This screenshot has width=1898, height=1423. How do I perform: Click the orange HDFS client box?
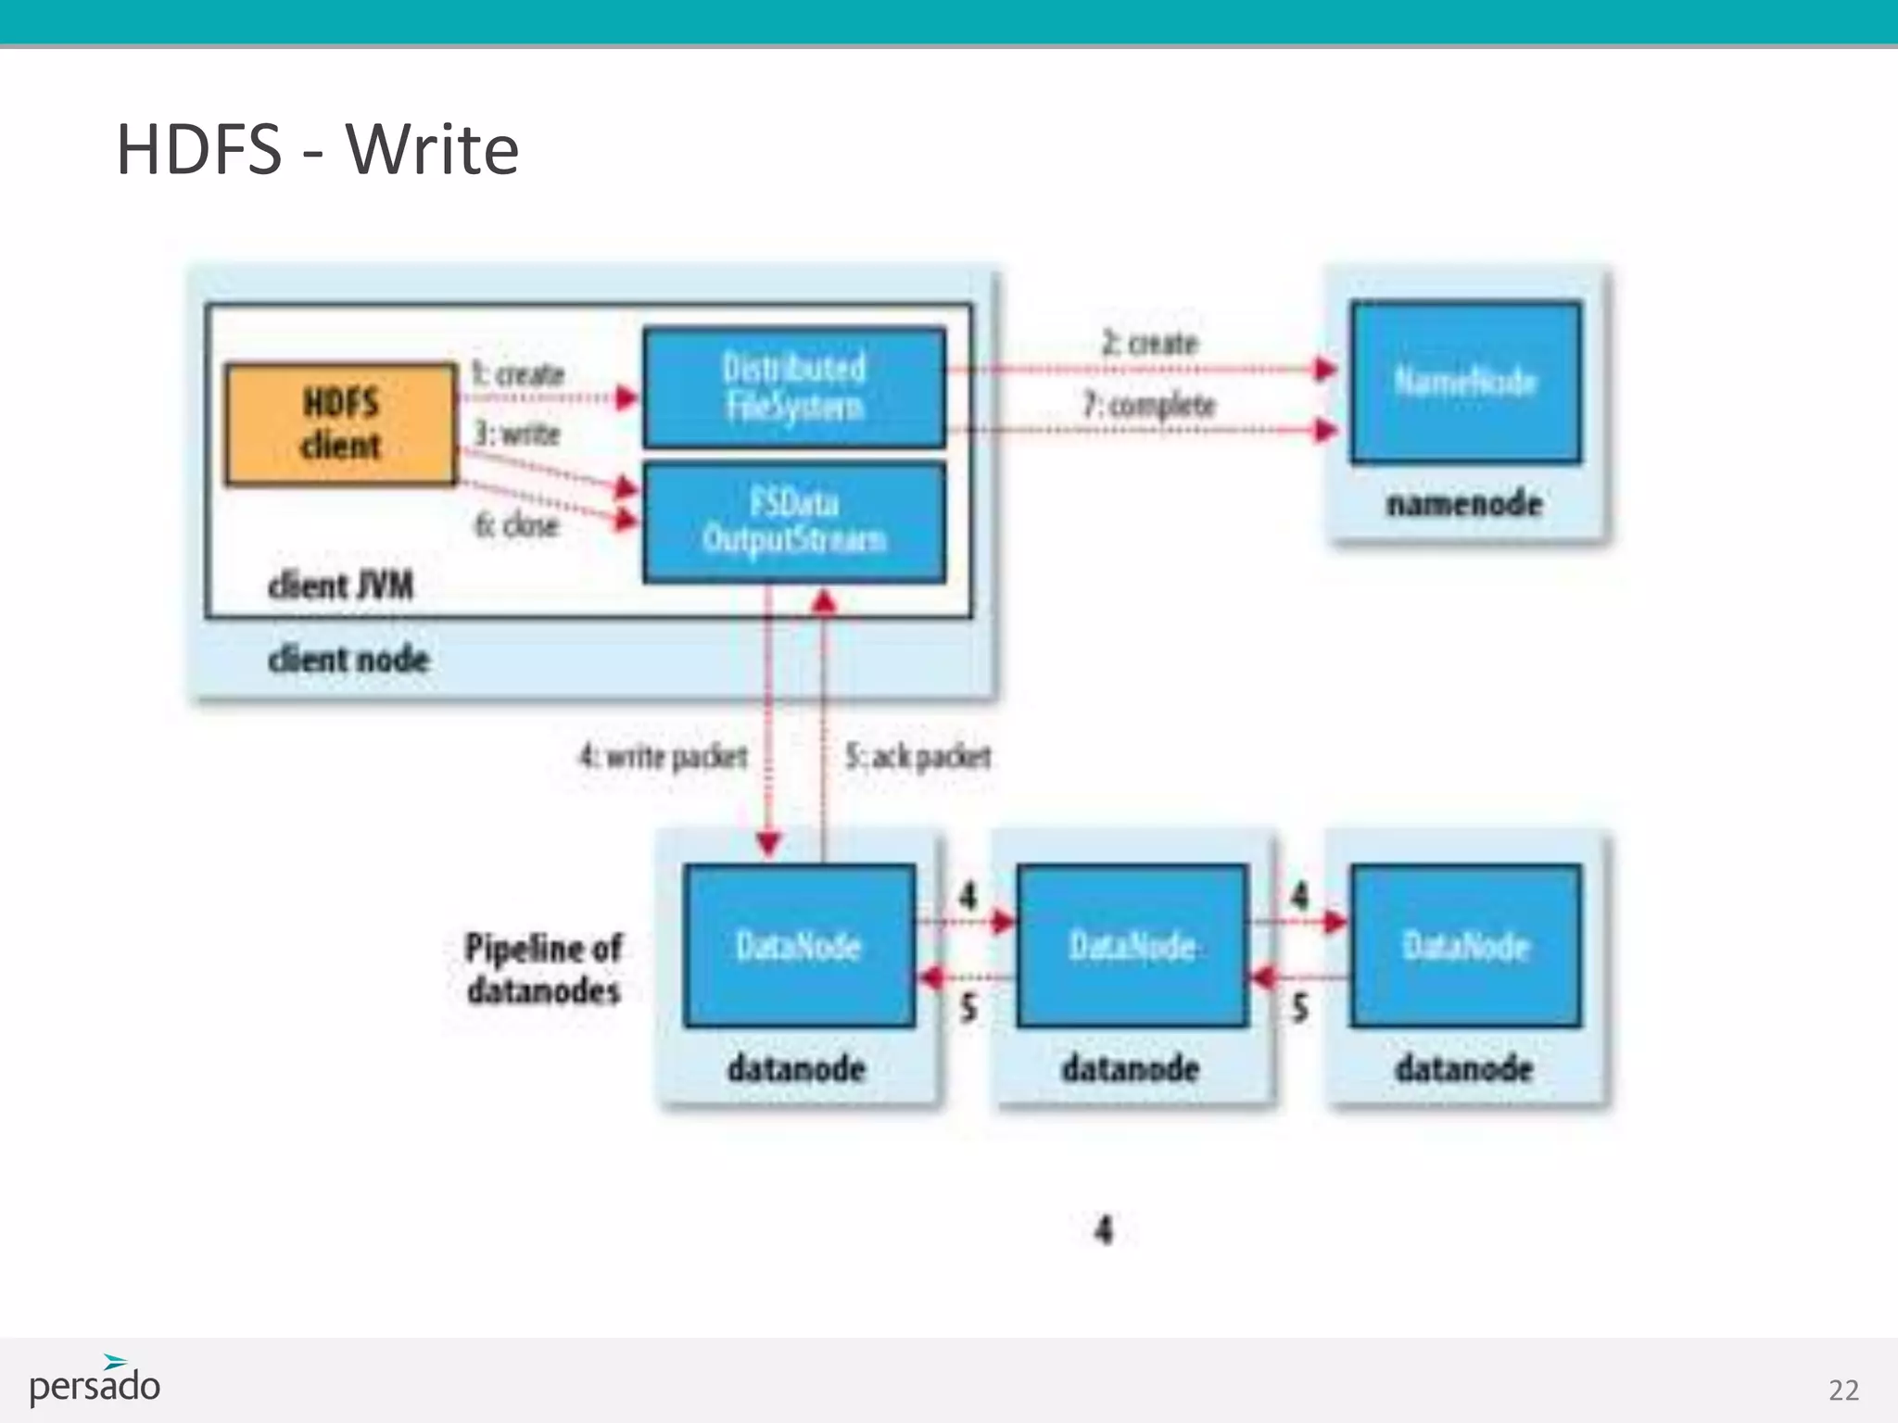(x=340, y=424)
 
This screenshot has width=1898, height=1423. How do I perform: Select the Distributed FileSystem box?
(x=794, y=387)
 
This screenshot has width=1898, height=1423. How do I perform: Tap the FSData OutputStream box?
(x=794, y=523)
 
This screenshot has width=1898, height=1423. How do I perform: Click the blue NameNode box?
(x=1465, y=382)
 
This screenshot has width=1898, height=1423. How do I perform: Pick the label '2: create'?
(x=1149, y=344)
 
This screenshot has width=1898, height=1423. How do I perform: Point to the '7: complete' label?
(x=1148, y=405)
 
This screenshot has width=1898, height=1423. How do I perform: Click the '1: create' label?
(x=518, y=374)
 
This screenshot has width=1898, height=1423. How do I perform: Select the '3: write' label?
(x=517, y=434)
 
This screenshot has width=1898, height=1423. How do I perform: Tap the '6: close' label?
(x=516, y=525)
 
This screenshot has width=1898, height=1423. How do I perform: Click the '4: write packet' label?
(x=664, y=757)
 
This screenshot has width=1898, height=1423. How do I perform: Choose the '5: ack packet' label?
(x=917, y=757)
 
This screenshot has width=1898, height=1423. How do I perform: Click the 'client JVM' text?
(x=340, y=586)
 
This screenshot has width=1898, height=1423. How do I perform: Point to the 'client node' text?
(x=348, y=660)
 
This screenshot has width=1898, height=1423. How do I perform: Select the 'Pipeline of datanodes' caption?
(x=543, y=969)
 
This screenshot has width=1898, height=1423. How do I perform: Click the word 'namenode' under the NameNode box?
(x=1464, y=504)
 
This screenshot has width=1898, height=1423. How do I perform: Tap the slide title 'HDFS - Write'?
(x=317, y=149)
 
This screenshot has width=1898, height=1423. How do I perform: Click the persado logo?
(x=95, y=1382)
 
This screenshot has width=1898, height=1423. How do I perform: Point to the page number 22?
(x=1843, y=1390)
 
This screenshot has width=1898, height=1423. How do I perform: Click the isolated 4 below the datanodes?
(x=1103, y=1230)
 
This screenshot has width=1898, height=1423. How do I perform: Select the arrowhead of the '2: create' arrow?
(x=1327, y=370)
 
